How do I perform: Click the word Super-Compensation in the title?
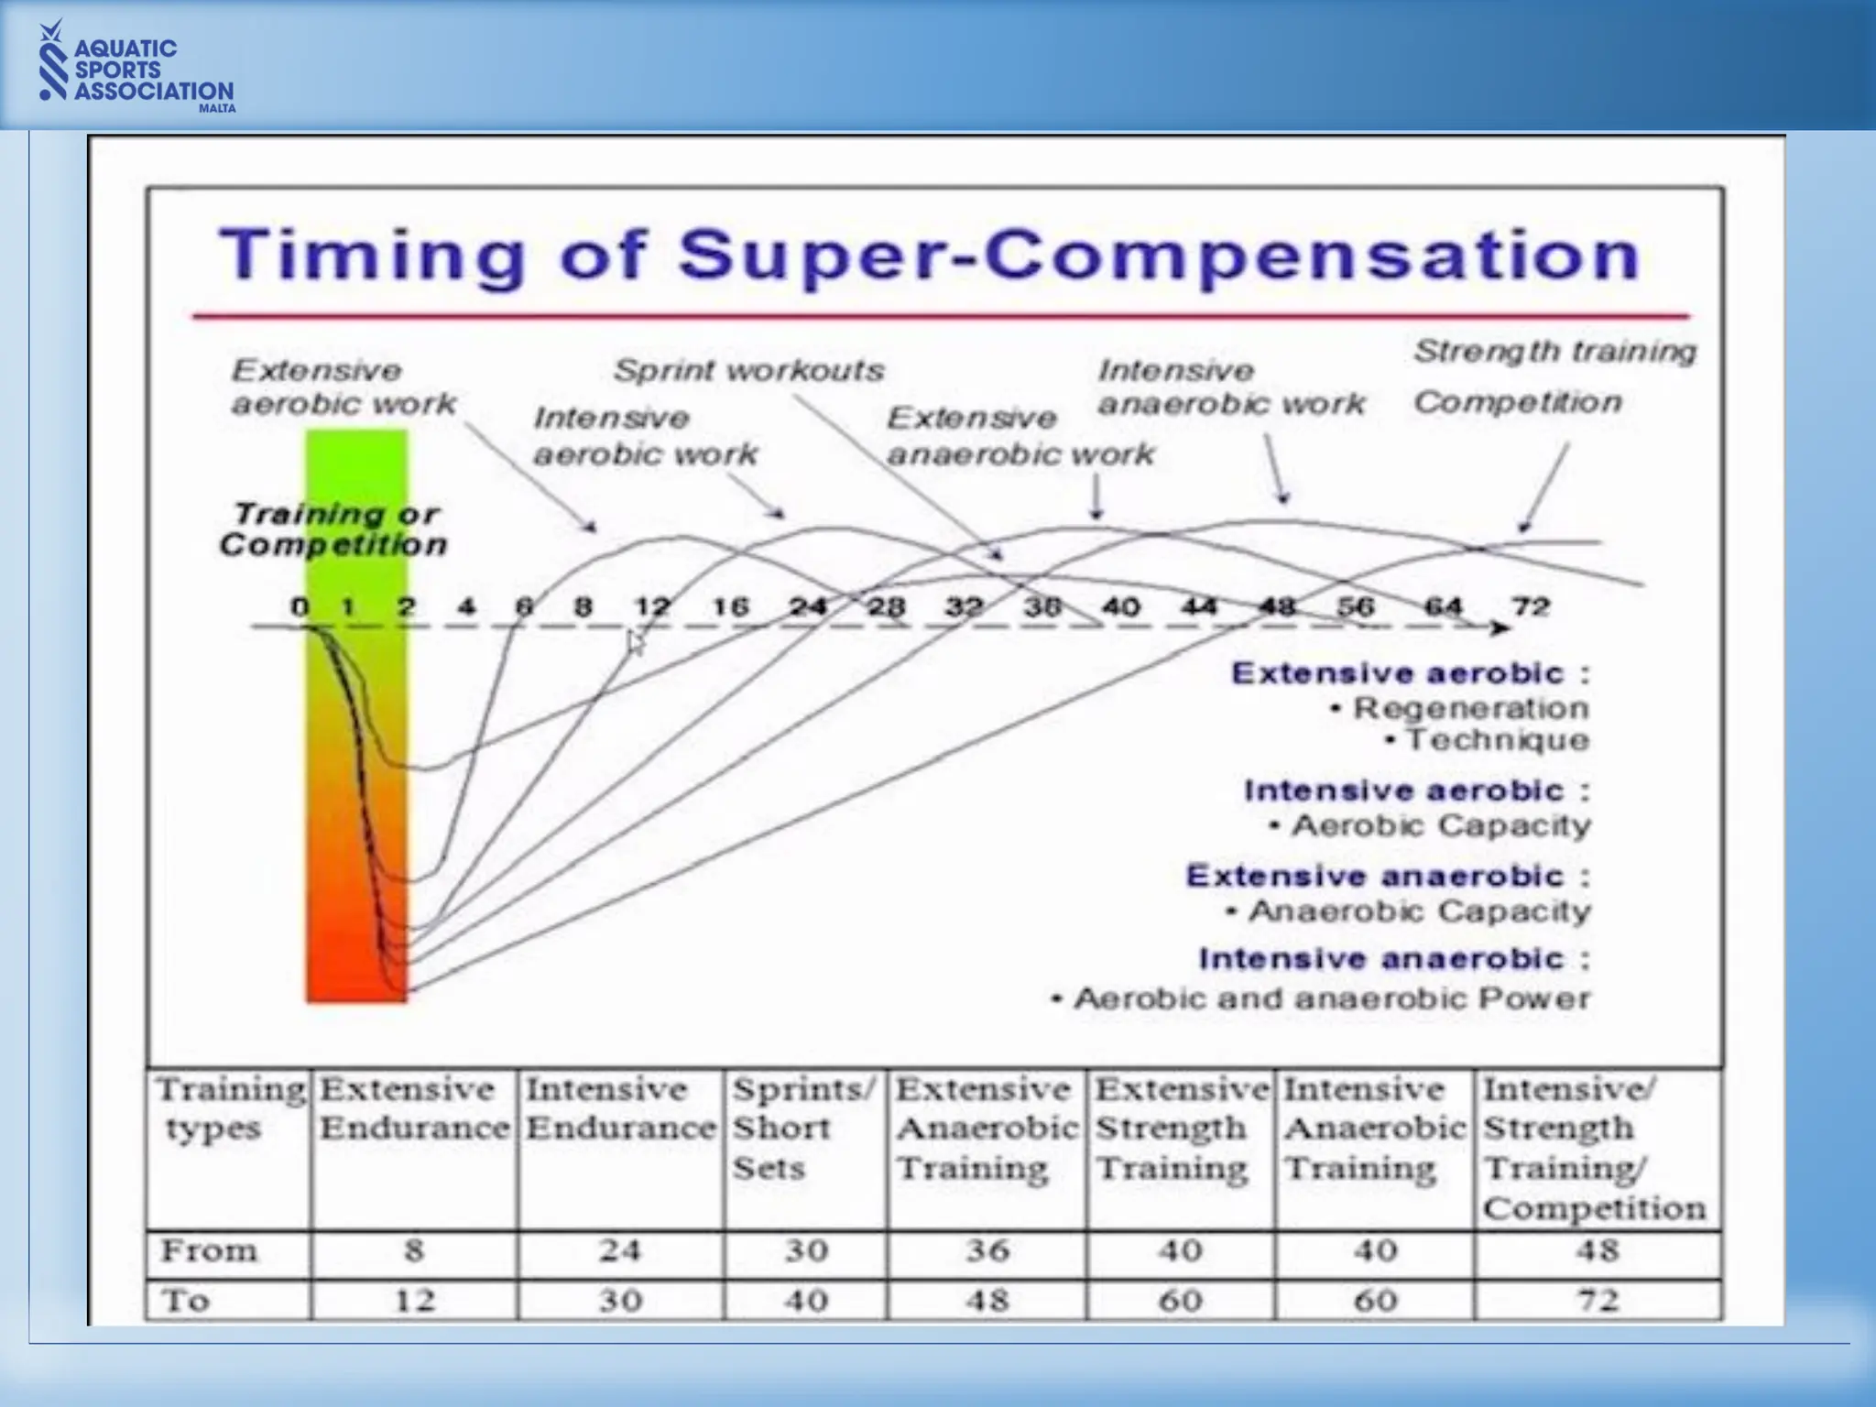[1159, 256]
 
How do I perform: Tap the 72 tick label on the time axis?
[1531, 606]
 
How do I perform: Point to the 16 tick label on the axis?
[730, 606]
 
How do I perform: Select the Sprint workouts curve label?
[748, 370]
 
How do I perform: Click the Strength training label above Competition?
[1554, 351]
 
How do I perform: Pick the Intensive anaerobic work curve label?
[1230, 387]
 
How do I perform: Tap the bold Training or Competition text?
[333, 529]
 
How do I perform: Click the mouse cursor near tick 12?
[636, 643]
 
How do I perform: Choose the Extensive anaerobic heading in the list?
[1374, 876]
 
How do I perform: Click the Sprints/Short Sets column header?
[802, 1128]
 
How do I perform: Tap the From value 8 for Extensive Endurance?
[414, 1250]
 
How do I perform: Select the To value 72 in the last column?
[1598, 1300]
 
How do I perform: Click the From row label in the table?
[209, 1250]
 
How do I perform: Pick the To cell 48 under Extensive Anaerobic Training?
[987, 1300]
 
